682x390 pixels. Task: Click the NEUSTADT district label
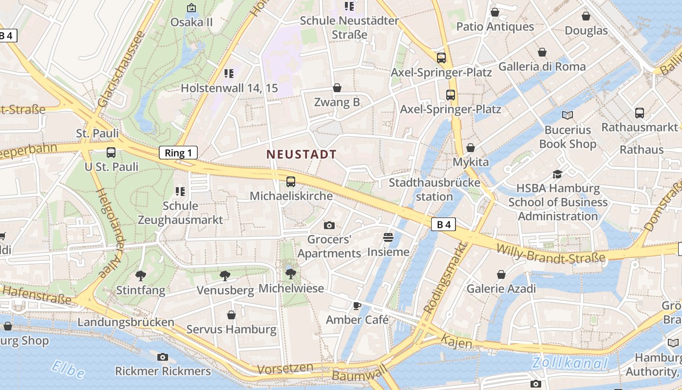(x=302, y=155)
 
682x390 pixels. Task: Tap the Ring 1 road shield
(x=178, y=153)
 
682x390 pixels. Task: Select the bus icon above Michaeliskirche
(x=291, y=182)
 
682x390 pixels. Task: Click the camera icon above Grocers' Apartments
(x=329, y=225)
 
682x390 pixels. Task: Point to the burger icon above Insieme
(x=388, y=237)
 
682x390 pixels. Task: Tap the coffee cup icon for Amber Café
(x=357, y=306)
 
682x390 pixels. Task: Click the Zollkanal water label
(x=569, y=363)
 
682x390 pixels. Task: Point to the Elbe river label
(x=67, y=369)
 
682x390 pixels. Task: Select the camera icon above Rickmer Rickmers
(x=163, y=357)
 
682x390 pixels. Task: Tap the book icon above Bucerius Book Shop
(x=568, y=115)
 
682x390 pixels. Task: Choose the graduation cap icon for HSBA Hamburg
(x=557, y=174)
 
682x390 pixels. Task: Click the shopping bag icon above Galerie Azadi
(x=501, y=274)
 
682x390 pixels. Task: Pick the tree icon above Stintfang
(x=141, y=276)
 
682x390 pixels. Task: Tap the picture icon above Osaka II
(x=191, y=8)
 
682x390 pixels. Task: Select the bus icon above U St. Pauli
(x=111, y=152)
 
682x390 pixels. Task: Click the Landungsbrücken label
(x=126, y=322)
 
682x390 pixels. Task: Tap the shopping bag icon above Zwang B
(x=337, y=88)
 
